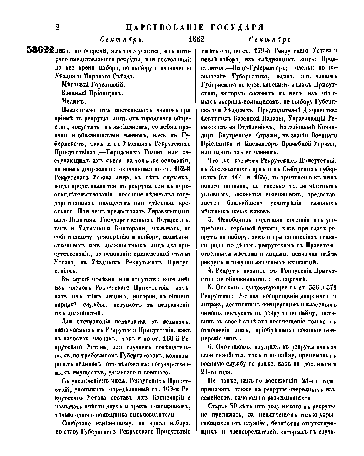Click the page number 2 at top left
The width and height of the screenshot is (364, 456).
[57, 27]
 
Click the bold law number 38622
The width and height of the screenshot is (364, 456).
[40, 50]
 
